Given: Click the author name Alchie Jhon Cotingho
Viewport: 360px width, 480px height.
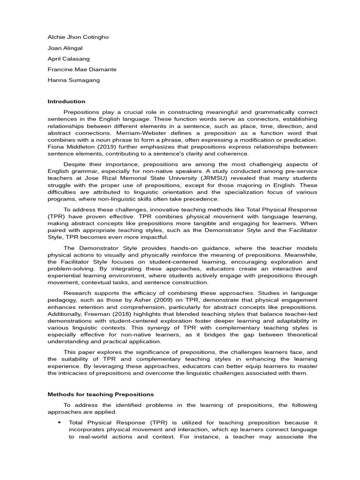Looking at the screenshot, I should [x=78, y=37].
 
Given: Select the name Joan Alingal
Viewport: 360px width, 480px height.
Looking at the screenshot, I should [x=66, y=48].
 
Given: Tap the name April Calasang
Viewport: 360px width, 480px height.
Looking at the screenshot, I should [x=69, y=59].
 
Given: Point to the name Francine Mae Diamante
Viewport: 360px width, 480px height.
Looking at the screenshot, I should [x=82, y=69].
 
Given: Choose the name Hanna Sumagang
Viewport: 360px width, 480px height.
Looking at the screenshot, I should [x=74, y=80].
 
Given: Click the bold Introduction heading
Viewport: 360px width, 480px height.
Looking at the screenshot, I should [x=67, y=101].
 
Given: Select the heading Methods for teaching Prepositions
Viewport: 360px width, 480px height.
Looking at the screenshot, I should [x=101, y=394].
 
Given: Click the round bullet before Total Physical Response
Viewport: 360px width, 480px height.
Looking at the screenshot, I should [x=60, y=422].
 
